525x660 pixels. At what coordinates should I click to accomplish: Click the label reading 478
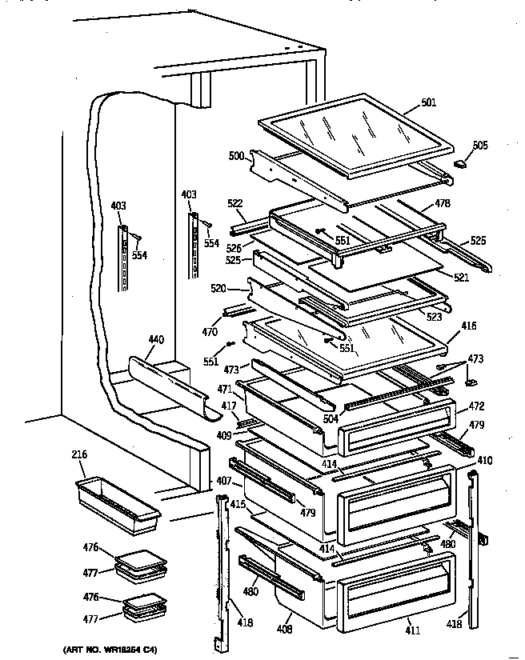pos(442,203)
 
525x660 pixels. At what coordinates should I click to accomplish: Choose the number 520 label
pos(218,287)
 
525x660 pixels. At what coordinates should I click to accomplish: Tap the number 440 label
pos(155,340)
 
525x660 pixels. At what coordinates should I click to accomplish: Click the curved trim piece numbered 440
pos(168,383)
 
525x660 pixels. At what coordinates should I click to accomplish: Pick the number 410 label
pos(485,461)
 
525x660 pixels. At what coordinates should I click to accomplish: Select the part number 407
pos(223,481)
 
